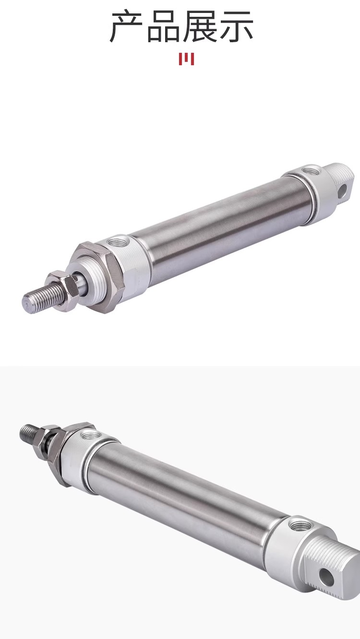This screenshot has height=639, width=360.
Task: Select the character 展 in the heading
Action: tap(200, 26)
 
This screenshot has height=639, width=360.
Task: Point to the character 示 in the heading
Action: tap(236, 26)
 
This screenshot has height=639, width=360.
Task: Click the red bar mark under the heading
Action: tap(186, 59)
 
